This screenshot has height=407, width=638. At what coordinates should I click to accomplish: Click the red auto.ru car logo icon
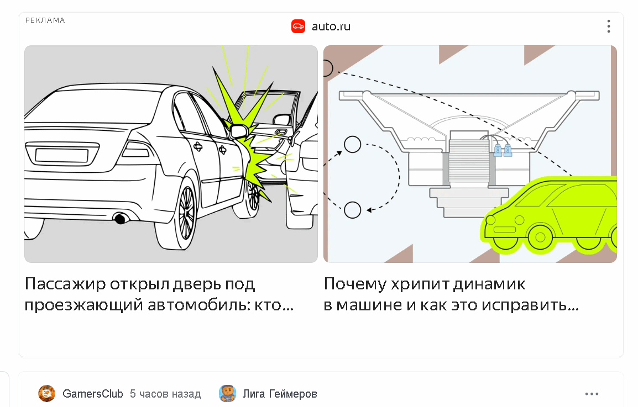(x=298, y=27)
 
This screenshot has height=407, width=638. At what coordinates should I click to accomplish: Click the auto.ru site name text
(x=331, y=27)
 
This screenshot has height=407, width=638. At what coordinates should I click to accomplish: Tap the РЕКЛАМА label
(x=45, y=20)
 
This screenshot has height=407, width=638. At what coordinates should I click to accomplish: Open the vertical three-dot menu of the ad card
(x=609, y=27)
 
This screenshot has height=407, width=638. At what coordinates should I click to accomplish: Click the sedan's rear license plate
(x=62, y=155)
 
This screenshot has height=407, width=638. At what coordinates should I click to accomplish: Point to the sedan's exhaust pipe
(x=121, y=219)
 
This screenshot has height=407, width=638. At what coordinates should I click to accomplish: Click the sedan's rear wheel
(x=180, y=215)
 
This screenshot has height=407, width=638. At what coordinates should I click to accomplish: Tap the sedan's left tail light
(x=137, y=150)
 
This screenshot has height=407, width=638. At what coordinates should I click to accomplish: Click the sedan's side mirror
(x=239, y=131)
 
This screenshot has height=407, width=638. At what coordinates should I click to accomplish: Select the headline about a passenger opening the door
(x=159, y=294)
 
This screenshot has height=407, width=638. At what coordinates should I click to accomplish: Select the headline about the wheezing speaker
(x=451, y=294)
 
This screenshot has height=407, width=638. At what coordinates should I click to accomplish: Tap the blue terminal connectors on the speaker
(x=503, y=150)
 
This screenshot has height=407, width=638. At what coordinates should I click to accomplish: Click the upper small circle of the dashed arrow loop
(x=352, y=144)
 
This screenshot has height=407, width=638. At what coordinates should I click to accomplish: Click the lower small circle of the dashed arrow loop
(x=352, y=210)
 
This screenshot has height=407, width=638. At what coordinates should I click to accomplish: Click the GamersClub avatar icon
(x=47, y=394)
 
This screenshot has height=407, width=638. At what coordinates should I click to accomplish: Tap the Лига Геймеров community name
(x=280, y=394)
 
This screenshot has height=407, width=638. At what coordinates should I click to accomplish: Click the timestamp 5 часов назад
(x=166, y=394)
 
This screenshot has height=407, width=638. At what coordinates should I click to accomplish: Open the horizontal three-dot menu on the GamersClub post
(x=592, y=394)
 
